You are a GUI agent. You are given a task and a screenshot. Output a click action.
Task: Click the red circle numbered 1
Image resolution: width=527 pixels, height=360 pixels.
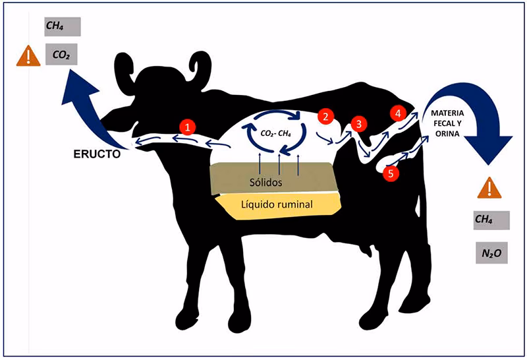tap(189, 127)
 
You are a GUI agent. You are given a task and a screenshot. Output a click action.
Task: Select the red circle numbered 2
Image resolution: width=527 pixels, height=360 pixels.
tap(325, 116)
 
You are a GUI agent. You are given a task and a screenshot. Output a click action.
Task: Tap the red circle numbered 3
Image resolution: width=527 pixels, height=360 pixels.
tap(358, 123)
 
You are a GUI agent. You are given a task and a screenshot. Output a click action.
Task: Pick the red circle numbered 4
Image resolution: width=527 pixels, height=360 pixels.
tap(398, 113)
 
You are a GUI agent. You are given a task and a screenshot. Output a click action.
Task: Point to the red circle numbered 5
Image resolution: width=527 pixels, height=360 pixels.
tap(391, 173)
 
